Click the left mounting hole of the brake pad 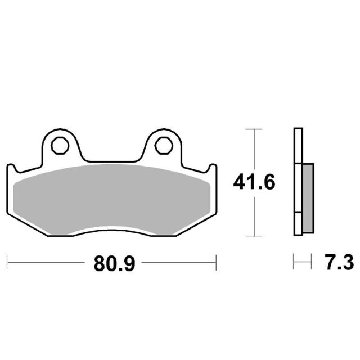60,146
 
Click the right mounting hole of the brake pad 164,146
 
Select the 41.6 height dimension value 254,182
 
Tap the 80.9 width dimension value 114,264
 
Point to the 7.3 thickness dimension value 339,262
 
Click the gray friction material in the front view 112,199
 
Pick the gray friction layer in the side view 308,198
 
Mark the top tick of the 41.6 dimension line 254,129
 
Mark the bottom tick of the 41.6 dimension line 254,236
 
